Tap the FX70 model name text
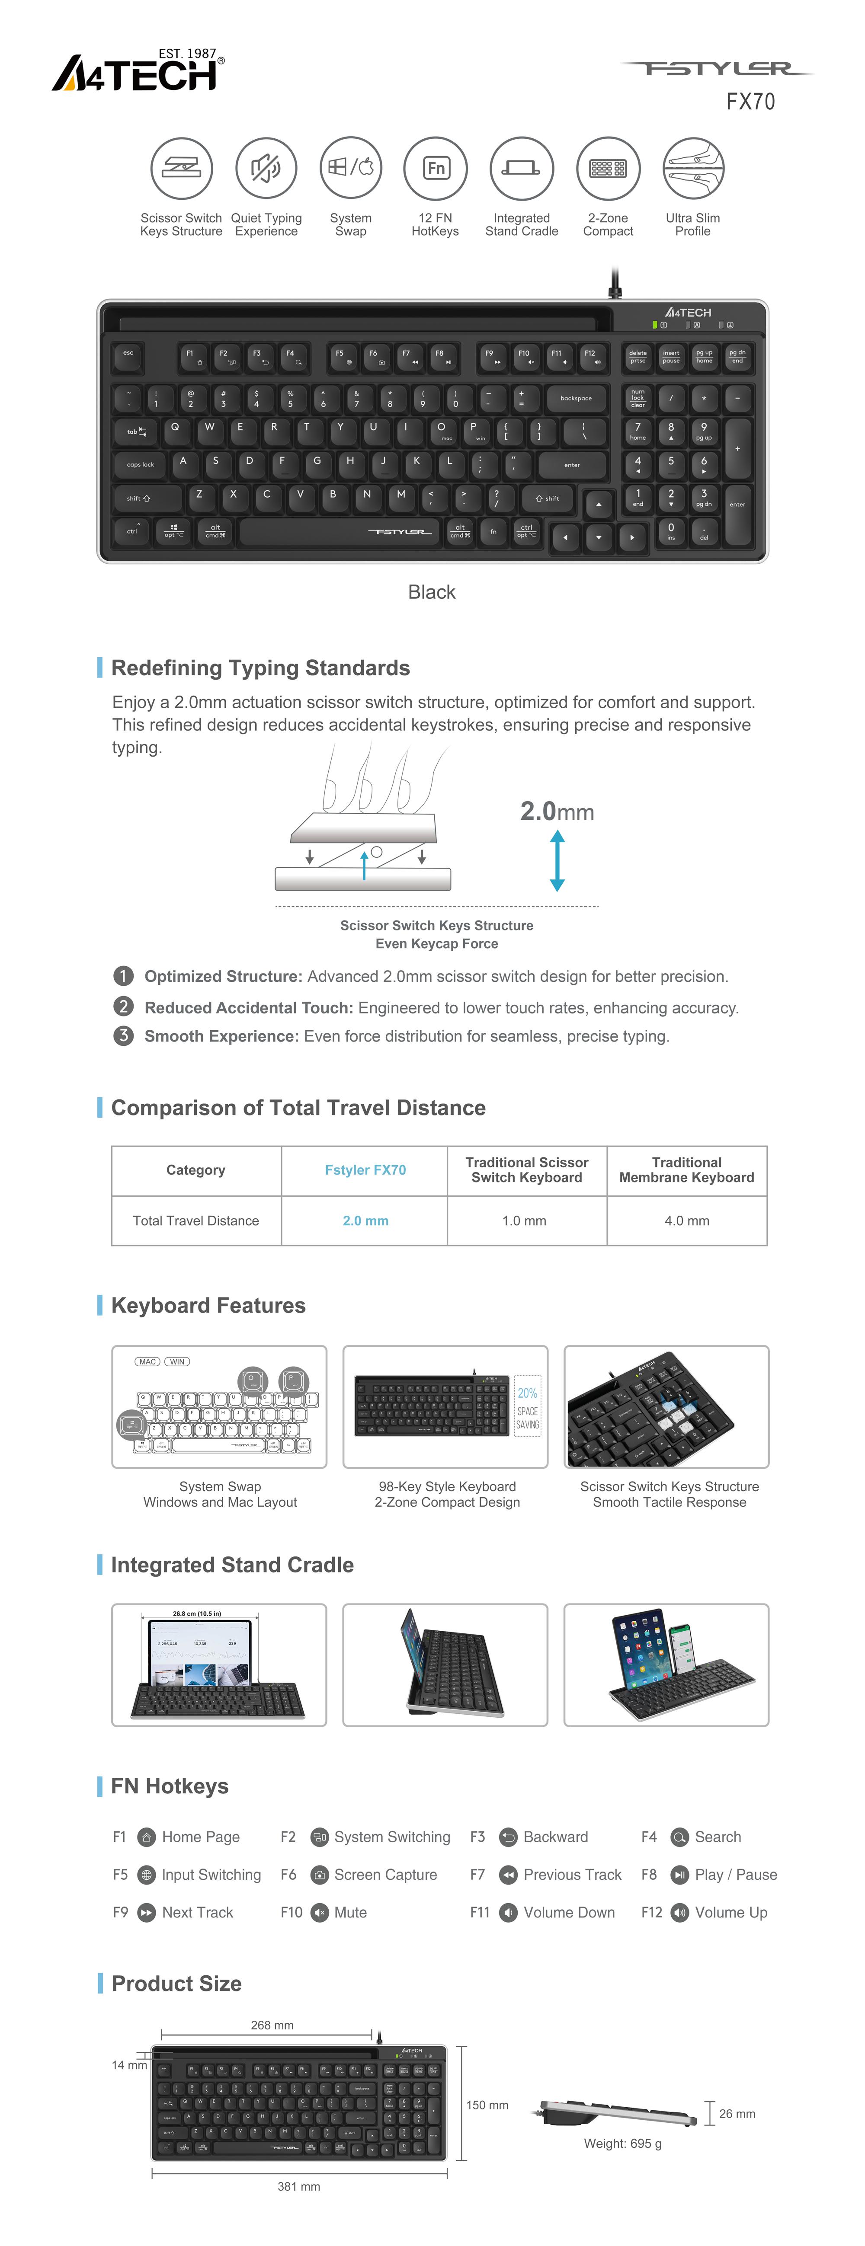(750, 102)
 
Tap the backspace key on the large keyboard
(576, 399)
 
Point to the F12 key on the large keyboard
(590, 357)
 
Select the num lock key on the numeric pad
(638, 399)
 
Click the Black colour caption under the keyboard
(432, 592)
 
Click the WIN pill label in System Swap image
(177, 1361)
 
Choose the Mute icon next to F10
(320, 1912)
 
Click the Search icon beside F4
(679, 1837)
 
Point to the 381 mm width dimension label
(298, 2186)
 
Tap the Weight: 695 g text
(623, 2143)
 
